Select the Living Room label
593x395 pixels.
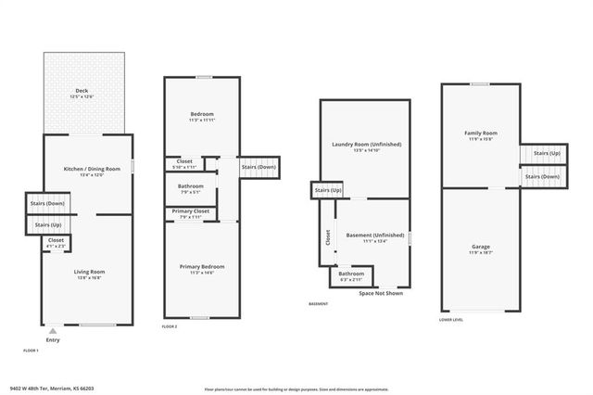(x=89, y=271)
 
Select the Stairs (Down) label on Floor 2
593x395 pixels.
(x=259, y=167)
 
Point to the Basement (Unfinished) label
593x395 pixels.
(x=375, y=236)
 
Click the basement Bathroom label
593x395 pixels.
(x=351, y=274)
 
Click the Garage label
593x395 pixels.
(x=480, y=247)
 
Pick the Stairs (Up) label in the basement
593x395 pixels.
(x=329, y=190)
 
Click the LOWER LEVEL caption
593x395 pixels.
(x=452, y=320)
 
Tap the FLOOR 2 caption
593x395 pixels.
(x=170, y=327)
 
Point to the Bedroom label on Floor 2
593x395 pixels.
(x=201, y=114)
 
